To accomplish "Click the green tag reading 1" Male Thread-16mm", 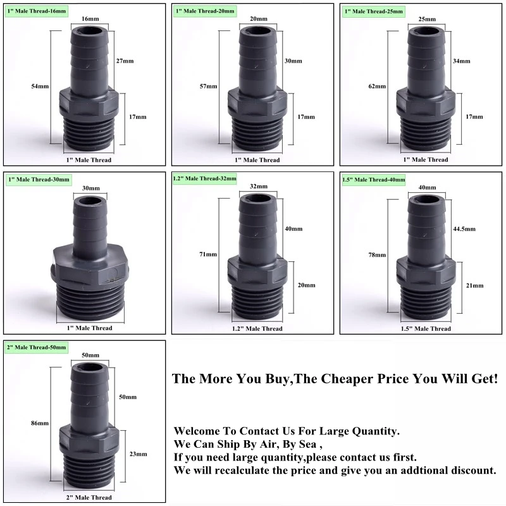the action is [37, 11].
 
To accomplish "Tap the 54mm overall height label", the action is [40, 86].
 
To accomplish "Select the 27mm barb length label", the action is [125, 61].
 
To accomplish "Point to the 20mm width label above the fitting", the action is [259, 19].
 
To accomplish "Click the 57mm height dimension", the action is [209, 86].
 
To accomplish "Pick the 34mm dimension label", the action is [462, 61].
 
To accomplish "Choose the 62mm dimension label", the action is [377, 86].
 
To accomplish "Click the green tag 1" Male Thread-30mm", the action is [39, 180].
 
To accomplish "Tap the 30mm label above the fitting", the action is [91, 188].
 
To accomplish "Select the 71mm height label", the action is [208, 254].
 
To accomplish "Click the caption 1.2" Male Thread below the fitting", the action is [257, 328].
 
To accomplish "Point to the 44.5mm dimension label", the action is [464, 229].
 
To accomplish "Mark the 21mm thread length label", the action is [475, 285].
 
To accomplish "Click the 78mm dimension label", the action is [377, 255].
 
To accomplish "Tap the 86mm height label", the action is [40, 423].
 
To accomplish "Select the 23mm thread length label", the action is [138, 454].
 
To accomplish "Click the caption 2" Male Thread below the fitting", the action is [89, 497].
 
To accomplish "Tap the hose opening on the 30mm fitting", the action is [90, 201].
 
